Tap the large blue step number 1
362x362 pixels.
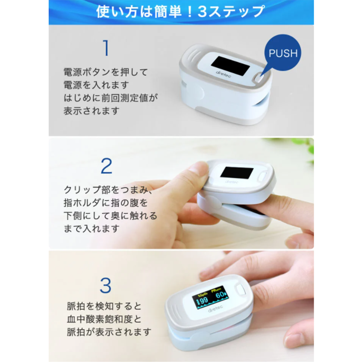click(106, 48)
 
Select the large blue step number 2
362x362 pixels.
click(106, 166)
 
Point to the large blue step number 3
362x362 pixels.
click(106, 285)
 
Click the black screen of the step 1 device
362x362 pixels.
click(231, 65)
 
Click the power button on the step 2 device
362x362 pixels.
click(263, 177)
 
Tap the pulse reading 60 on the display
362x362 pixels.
click(220, 295)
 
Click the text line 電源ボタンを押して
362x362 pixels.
click(106, 72)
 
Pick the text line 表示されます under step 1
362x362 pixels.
click(91, 111)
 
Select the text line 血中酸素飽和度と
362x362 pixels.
click(104, 319)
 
